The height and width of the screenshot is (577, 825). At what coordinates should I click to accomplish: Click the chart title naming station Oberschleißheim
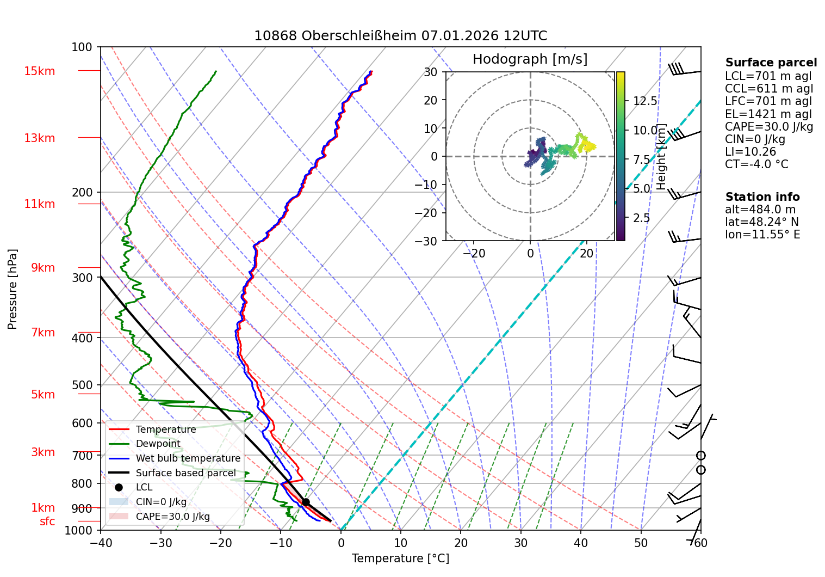(400, 36)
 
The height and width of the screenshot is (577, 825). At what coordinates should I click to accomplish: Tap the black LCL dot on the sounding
(306, 502)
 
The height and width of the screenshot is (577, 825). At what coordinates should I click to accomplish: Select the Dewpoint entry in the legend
(158, 444)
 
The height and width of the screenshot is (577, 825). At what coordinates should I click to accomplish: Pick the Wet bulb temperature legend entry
(188, 458)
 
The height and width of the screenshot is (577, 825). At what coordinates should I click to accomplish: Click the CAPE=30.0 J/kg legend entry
(172, 517)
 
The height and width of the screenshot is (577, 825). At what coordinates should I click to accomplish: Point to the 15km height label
(39, 71)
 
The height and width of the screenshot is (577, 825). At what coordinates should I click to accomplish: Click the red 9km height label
(43, 268)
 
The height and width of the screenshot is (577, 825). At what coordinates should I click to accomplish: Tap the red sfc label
(47, 521)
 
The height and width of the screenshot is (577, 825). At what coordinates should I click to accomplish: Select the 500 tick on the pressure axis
(82, 385)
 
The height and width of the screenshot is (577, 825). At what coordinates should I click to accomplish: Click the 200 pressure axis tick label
(82, 192)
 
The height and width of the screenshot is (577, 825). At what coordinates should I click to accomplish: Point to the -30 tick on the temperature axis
(160, 543)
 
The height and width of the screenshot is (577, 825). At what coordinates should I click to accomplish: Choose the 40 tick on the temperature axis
(581, 543)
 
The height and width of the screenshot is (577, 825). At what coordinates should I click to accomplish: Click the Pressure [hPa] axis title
(13, 289)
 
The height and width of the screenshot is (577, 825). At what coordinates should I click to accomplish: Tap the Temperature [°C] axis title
(400, 558)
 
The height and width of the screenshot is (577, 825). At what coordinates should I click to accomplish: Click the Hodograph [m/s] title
(530, 59)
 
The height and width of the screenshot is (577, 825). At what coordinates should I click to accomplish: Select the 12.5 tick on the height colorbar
(645, 101)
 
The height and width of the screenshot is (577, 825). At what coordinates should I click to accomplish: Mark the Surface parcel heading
(771, 63)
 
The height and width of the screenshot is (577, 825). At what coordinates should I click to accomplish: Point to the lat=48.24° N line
(762, 222)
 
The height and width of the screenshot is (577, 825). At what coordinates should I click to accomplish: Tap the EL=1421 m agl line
(768, 114)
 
